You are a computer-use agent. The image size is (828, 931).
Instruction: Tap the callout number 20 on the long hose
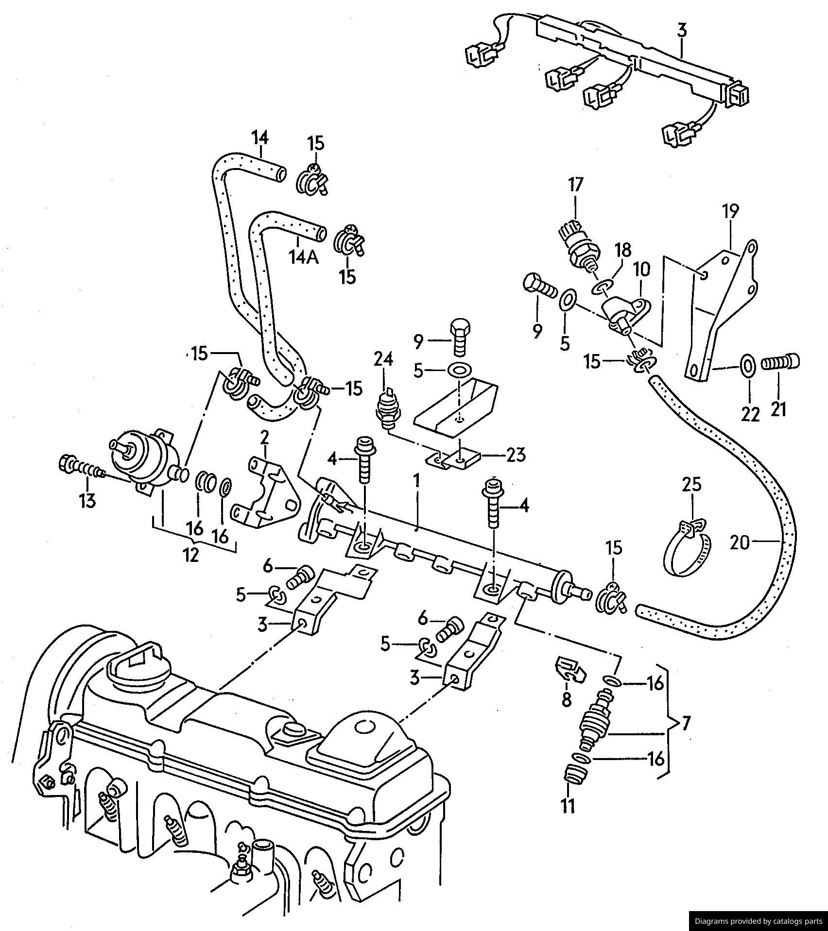pos(741,543)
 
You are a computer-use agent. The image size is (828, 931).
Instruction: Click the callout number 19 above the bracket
pos(730,212)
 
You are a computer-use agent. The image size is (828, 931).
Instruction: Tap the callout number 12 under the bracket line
pos(191,555)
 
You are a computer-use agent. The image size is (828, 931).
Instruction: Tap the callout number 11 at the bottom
pos(568,805)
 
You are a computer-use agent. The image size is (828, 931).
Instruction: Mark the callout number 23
pos(516,456)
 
